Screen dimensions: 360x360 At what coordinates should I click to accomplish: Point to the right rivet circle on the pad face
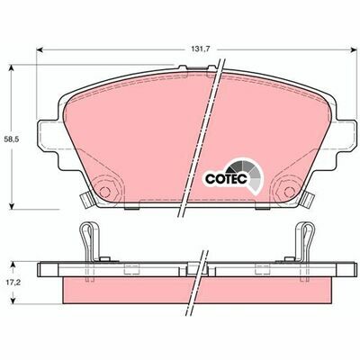click(290, 191)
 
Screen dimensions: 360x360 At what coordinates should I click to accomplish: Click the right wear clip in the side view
click(308, 241)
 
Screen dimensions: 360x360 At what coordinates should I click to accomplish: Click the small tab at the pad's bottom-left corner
click(80, 199)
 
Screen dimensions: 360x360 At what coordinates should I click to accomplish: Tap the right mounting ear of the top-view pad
click(344, 135)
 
